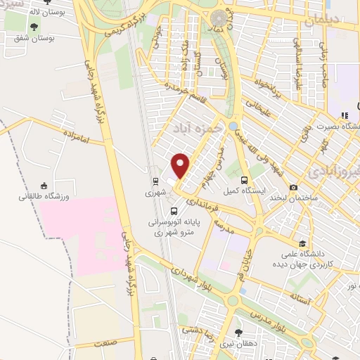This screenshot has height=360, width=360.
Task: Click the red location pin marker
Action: coord(181,165)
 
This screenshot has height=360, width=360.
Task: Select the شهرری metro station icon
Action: coord(155,178)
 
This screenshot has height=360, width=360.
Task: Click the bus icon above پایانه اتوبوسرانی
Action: coord(174,210)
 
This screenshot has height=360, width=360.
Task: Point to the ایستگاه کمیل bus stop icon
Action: coord(243,179)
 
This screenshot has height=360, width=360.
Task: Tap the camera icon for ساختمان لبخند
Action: coord(292,188)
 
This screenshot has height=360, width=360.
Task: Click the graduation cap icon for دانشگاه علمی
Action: coord(300,238)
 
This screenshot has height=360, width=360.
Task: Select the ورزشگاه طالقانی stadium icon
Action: coord(44,186)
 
